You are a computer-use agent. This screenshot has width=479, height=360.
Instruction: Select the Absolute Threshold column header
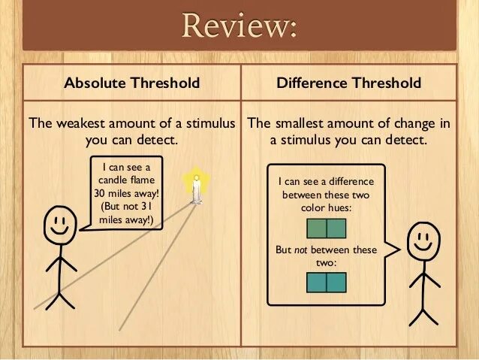click(132, 83)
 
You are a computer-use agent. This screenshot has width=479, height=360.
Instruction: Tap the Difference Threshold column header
click(348, 83)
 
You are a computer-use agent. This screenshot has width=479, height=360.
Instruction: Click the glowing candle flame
click(197, 180)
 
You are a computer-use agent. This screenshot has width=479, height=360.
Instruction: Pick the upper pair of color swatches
click(327, 228)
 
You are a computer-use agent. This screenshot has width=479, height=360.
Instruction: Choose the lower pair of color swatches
click(327, 282)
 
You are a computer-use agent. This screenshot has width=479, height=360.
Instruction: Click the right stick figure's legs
click(423, 309)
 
